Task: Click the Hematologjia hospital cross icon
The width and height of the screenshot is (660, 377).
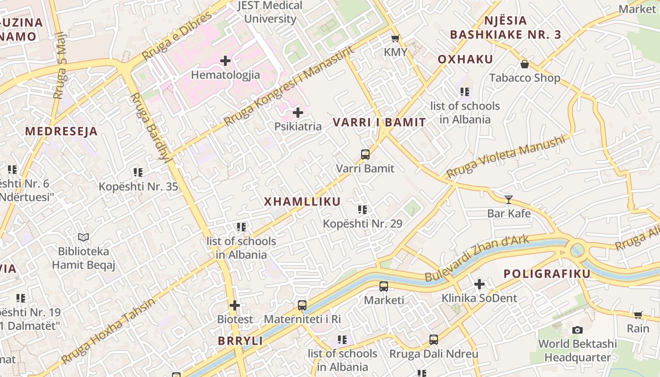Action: pyautogui.click(x=225, y=61)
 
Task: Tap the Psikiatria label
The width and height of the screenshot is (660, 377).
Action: pyautogui.click(x=298, y=126)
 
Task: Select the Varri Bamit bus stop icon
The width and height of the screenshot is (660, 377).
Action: pyautogui.click(x=365, y=154)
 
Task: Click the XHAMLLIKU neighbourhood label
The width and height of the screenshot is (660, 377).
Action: pyautogui.click(x=302, y=202)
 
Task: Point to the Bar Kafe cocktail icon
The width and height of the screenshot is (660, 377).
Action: pyautogui.click(x=508, y=200)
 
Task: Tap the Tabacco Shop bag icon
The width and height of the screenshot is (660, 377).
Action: pyautogui.click(x=524, y=64)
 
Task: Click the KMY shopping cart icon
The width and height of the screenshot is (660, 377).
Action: pyautogui.click(x=395, y=39)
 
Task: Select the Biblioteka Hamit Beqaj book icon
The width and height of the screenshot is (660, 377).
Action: pyautogui.click(x=83, y=238)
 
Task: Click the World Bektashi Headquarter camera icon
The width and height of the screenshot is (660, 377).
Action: pyautogui.click(x=577, y=330)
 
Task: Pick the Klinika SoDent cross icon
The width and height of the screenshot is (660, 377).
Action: pyautogui.click(x=479, y=284)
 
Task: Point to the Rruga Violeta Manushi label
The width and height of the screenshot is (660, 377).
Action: pyautogui.click(x=505, y=157)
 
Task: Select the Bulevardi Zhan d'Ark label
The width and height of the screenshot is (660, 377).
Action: pyautogui.click(x=477, y=258)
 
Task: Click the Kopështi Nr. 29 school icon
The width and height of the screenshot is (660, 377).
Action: pyautogui.click(x=362, y=210)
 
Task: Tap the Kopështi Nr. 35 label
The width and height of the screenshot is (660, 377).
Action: pyautogui.click(x=138, y=187)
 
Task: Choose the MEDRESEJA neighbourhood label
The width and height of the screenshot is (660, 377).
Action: pyautogui.click(x=61, y=131)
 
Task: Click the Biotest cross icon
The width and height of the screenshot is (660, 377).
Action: pyautogui.click(x=235, y=305)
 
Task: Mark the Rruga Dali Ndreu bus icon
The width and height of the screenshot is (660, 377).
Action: pyautogui.click(x=433, y=340)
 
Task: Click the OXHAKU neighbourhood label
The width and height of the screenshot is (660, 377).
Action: pyautogui.click(x=465, y=59)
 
